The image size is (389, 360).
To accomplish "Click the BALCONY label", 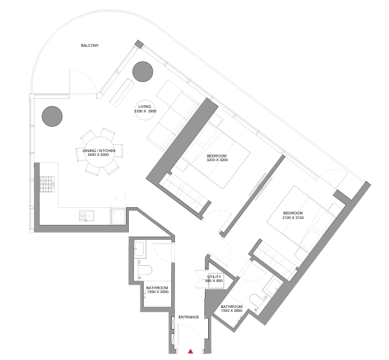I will (90, 46).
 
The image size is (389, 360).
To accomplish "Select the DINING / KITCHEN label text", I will (99, 151).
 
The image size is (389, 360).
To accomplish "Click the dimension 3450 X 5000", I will (99, 156).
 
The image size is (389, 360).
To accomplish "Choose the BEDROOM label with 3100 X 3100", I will (293, 213).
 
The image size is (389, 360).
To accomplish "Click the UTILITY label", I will (215, 277).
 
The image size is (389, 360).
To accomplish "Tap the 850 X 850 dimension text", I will (215, 281).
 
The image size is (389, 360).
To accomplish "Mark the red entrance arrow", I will (190, 351).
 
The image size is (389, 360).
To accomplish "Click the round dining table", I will (100, 153).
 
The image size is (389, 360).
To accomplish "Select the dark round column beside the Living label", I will (142, 71).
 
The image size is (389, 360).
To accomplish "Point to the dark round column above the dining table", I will (52, 116).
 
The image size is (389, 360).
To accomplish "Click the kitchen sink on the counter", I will (84, 216).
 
